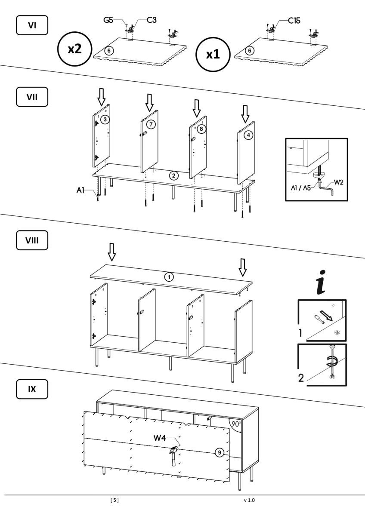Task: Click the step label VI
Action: tap(32, 25)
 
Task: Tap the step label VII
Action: tap(32, 97)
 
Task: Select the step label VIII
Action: tap(32, 240)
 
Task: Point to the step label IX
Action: tap(32, 390)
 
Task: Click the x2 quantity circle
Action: tap(75, 49)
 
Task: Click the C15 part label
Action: tap(295, 21)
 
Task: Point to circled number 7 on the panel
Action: tap(151, 124)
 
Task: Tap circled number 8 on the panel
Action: tap(201, 128)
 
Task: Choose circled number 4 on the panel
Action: tap(248, 135)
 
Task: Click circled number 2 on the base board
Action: tap(173, 175)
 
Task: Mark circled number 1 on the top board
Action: tap(170, 277)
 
